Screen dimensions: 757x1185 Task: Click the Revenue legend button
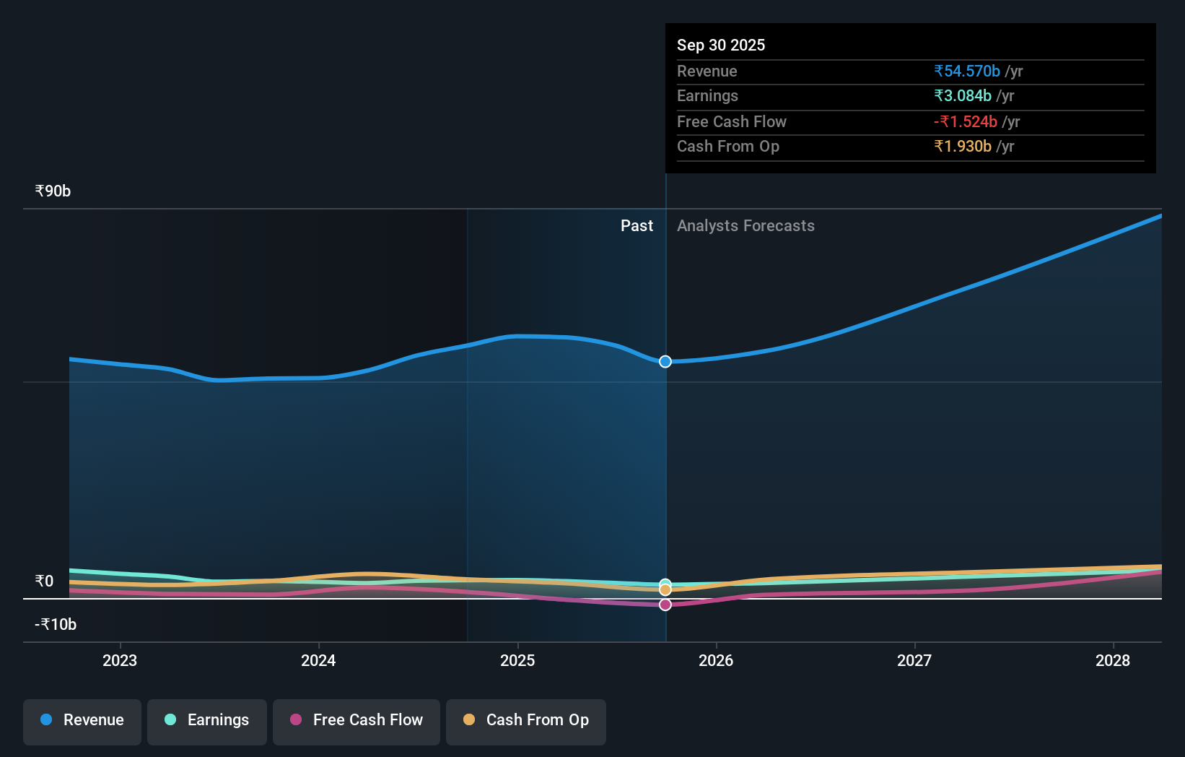tap(82, 720)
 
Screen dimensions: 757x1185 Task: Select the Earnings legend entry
tap(207, 720)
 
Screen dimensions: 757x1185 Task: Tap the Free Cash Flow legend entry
tap(357, 720)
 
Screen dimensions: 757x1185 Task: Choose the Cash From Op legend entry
tap(526, 720)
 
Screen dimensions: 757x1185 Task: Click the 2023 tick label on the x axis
tap(120, 660)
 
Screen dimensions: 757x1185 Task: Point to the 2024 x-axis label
tap(318, 660)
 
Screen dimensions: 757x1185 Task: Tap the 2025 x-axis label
tap(517, 660)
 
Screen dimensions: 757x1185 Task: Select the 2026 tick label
tap(716, 660)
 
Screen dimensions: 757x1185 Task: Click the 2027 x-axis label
tap(914, 660)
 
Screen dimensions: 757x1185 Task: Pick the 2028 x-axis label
tap(1113, 660)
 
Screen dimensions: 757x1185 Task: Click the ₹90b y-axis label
tap(53, 191)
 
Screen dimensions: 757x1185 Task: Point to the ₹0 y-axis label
tap(44, 581)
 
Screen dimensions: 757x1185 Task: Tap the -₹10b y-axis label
tap(56, 624)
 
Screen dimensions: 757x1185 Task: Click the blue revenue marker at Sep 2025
tap(665, 361)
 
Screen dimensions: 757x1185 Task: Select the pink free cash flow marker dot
tap(665, 605)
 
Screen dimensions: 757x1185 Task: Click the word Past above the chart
tap(637, 225)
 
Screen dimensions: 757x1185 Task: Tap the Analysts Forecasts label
tap(745, 225)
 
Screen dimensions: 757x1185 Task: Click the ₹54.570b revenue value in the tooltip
tap(967, 71)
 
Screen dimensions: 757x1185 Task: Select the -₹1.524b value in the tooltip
tap(966, 121)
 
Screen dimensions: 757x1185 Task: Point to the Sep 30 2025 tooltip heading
tap(721, 45)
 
